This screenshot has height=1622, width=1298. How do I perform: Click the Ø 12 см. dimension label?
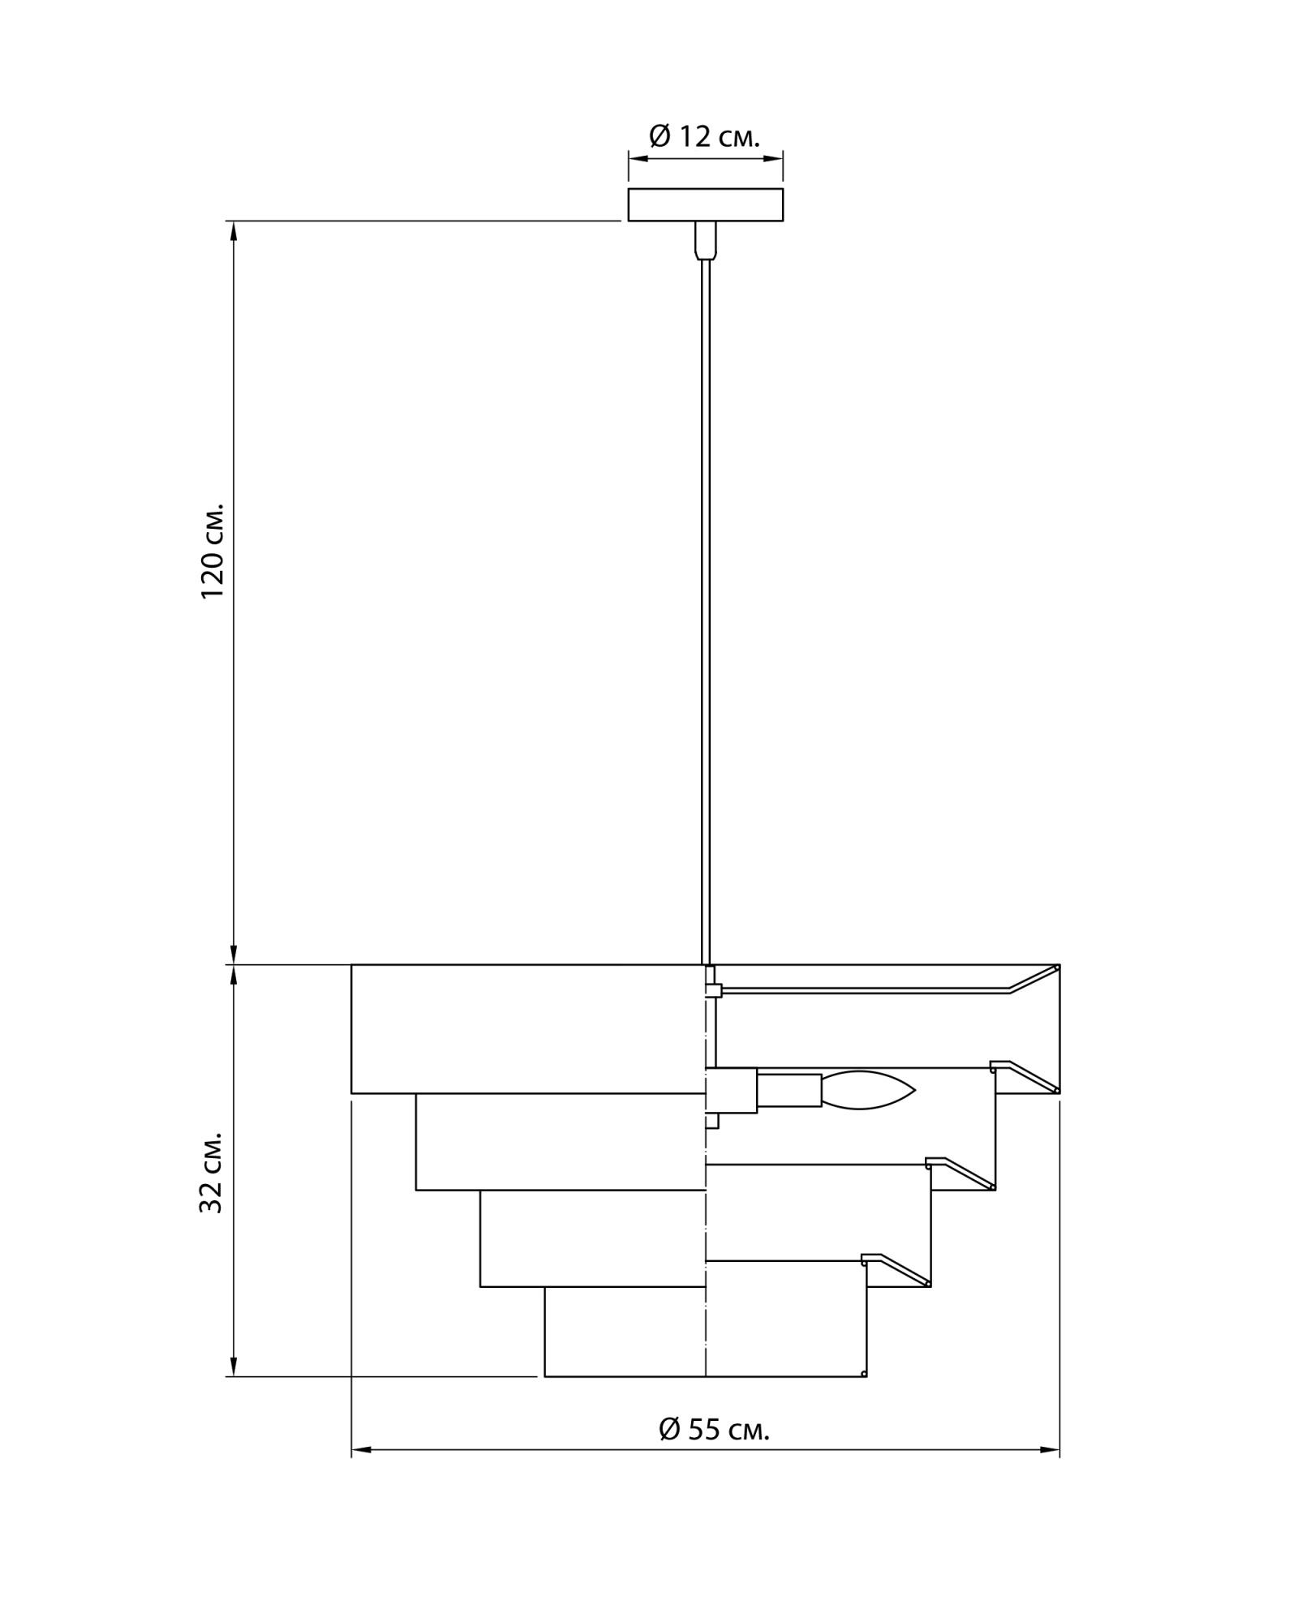(x=704, y=136)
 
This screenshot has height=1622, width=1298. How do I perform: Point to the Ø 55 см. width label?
(x=714, y=1429)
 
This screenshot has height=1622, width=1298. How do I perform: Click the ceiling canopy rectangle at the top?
(x=705, y=204)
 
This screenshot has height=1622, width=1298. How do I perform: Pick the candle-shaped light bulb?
(x=867, y=1090)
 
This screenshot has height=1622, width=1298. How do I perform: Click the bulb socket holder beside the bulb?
(x=789, y=1090)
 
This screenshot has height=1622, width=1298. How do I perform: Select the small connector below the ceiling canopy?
(x=705, y=240)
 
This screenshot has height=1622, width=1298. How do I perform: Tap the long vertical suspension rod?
(x=706, y=608)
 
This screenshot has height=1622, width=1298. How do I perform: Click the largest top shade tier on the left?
(x=527, y=1028)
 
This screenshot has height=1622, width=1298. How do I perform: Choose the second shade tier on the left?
(x=560, y=1141)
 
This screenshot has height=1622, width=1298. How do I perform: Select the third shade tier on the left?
(x=592, y=1238)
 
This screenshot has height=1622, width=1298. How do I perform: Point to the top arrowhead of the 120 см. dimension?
(x=234, y=229)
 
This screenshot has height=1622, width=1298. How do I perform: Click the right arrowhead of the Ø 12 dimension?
(x=776, y=159)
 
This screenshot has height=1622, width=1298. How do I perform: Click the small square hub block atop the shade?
(x=713, y=989)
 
